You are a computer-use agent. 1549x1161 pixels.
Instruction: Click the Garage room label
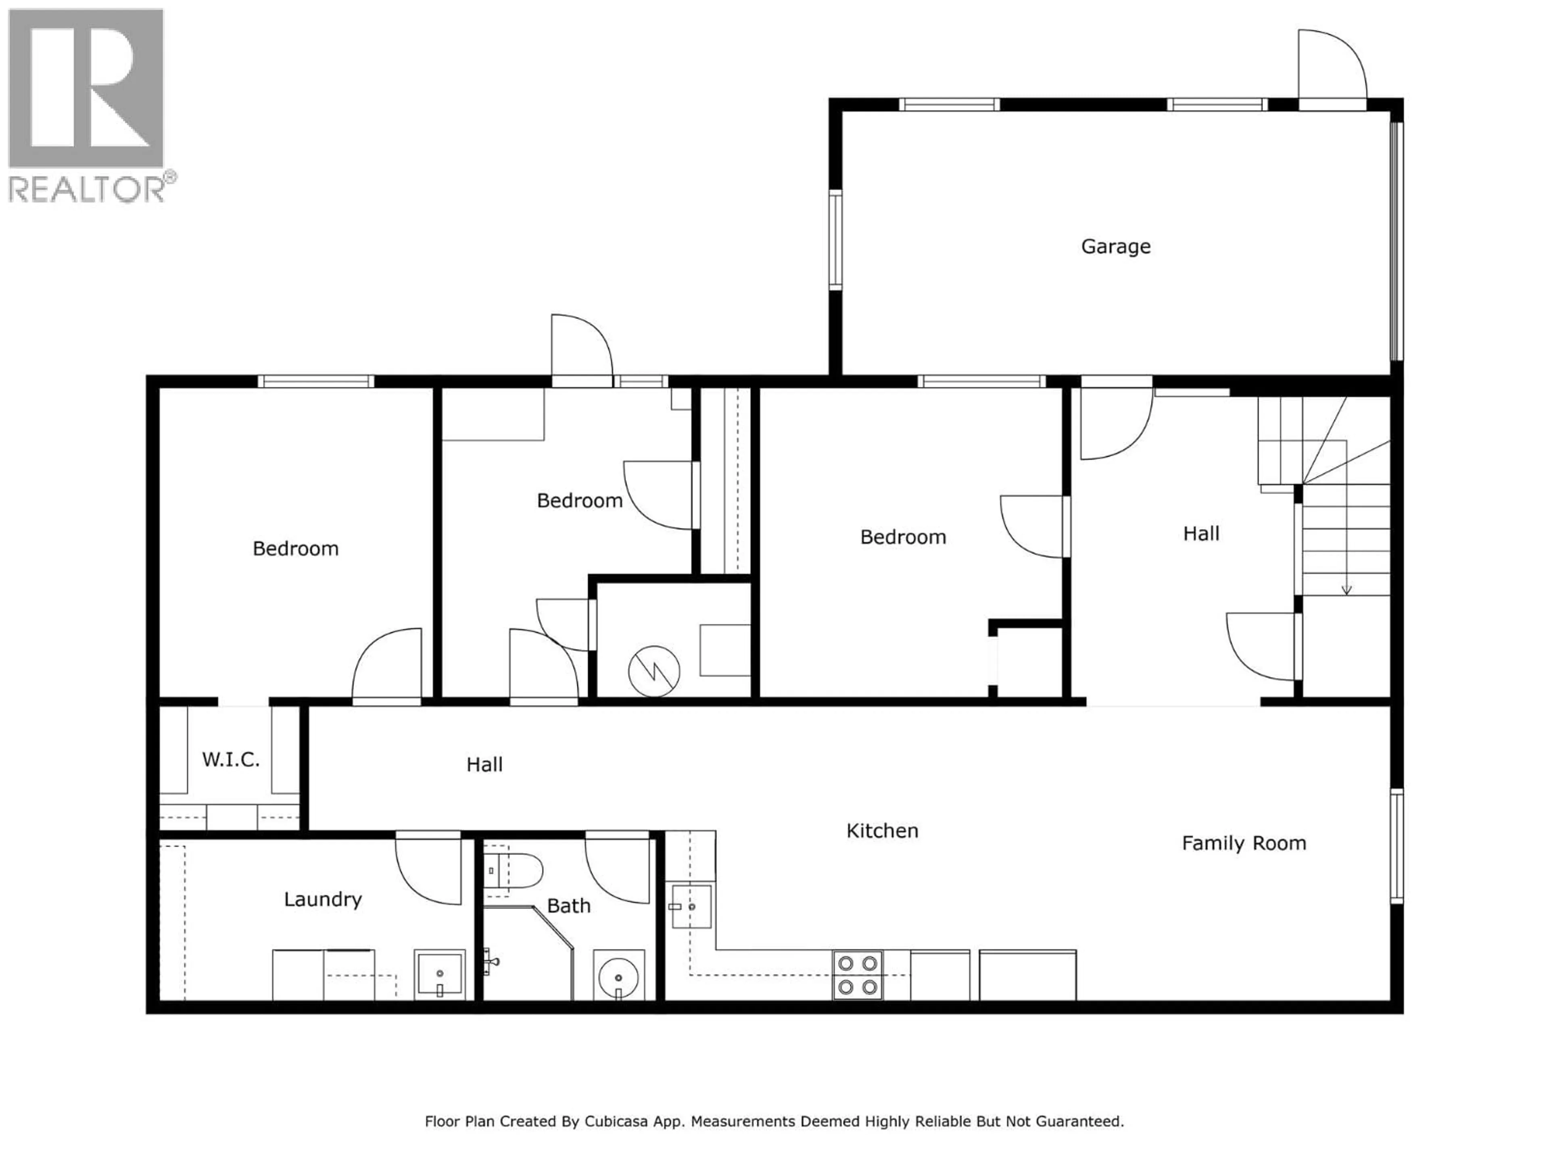1115,246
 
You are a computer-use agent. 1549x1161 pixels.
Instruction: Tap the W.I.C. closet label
231,759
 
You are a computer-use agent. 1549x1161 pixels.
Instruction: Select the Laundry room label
323,899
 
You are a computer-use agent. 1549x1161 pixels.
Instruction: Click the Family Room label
1244,843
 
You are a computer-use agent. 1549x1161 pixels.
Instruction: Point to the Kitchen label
882,831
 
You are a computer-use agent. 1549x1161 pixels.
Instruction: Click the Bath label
569,906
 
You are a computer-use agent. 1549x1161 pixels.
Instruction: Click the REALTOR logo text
88,189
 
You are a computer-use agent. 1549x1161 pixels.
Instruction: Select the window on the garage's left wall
835,239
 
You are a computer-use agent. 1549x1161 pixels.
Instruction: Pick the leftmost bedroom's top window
316,381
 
